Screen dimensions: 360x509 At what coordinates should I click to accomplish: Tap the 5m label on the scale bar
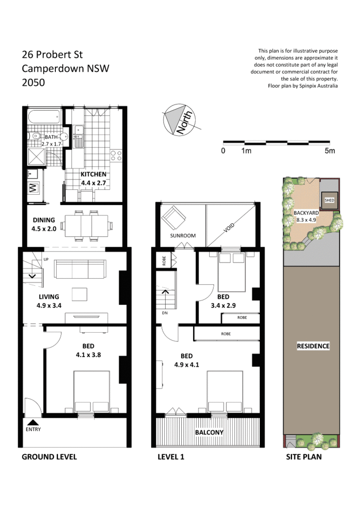click(x=330, y=151)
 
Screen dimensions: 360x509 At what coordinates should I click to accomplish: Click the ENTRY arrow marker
click(x=33, y=422)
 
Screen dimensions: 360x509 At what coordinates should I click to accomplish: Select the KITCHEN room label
click(x=93, y=174)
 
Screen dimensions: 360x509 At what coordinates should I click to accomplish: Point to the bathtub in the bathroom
click(x=45, y=117)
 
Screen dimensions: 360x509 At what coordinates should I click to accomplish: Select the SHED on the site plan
click(x=329, y=200)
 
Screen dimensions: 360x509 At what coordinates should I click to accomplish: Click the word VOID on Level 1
click(x=229, y=228)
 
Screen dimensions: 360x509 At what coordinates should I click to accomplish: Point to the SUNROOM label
click(x=183, y=236)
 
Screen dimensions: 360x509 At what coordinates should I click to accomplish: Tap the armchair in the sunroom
click(x=174, y=218)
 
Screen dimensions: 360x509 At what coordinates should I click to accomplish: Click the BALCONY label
click(x=209, y=433)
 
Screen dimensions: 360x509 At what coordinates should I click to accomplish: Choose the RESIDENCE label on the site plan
click(x=313, y=346)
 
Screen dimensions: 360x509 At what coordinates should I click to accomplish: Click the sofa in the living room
click(x=80, y=269)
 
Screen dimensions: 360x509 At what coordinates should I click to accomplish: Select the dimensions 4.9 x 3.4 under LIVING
click(x=49, y=305)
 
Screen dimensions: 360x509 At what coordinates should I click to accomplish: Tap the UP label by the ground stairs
click(x=46, y=259)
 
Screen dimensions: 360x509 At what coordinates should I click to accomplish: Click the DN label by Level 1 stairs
click(x=165, y=313)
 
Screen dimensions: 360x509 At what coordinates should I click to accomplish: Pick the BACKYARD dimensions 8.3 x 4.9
click(x=306, y=220)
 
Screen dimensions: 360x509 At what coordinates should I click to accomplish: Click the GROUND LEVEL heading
click(x=49, y=457)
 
